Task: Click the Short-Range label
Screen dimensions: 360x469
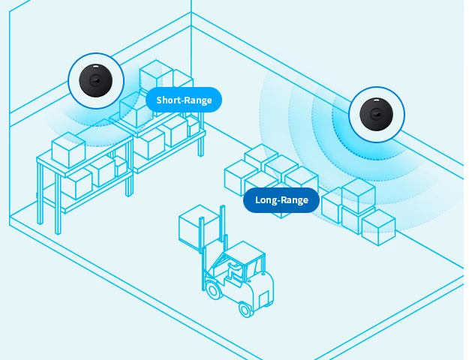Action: tap(184, 100)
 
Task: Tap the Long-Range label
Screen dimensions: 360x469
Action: tap(281, 200)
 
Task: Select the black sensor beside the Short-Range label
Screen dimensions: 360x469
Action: tap(95, 80)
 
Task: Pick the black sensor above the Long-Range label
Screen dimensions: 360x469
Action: tap(376, 115)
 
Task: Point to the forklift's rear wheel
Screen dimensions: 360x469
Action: tap(245, 307)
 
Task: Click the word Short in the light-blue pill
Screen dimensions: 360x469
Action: tap(170, 100)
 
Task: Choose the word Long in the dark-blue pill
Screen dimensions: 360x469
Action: tap(267, 200)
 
